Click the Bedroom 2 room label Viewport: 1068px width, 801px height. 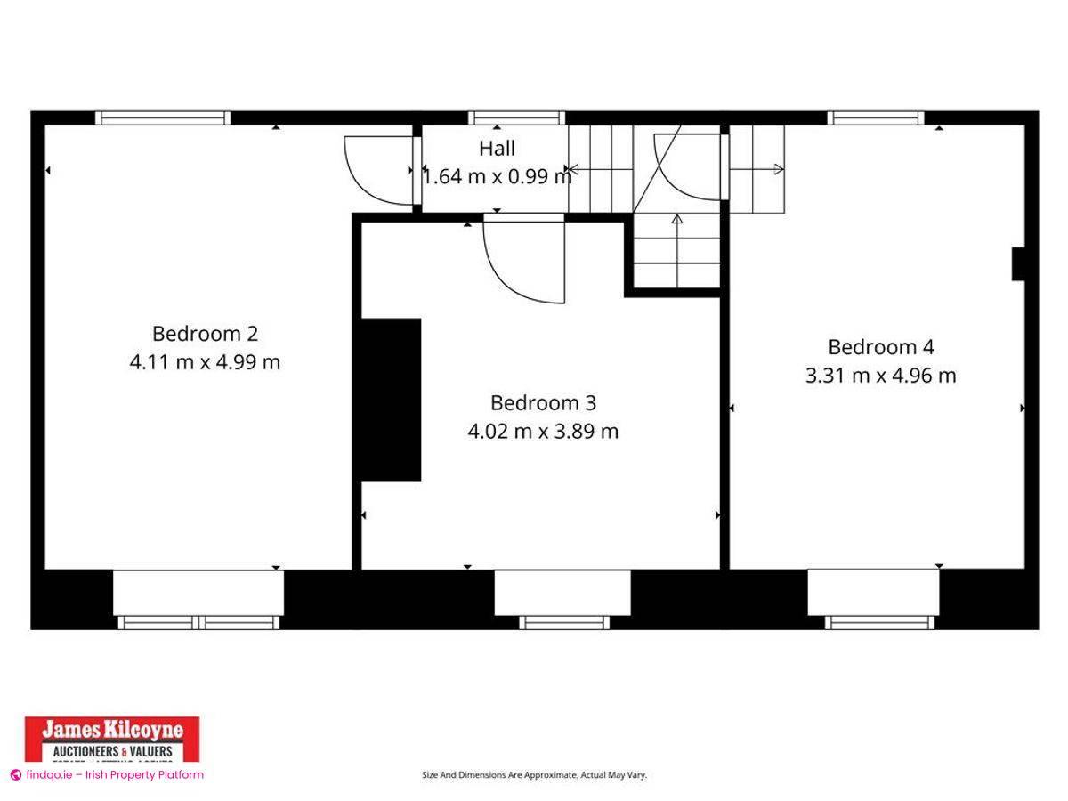tap(205, 334)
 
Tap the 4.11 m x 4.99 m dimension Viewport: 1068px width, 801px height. tap(205, 362)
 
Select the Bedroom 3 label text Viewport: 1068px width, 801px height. tap(543, 403)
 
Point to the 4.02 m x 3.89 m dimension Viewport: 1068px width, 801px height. tap(543, 432)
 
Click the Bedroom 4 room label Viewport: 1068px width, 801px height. tap(881, 347)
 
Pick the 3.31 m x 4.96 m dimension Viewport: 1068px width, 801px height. tap(881, 376)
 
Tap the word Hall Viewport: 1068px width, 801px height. tap(497, 149)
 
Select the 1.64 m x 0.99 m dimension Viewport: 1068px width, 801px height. tap(497, 176)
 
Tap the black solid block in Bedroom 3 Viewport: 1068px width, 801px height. tap(390, 400)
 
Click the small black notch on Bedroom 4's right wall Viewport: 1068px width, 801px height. tap(1018, 264)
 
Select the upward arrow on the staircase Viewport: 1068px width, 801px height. tap(676, 219)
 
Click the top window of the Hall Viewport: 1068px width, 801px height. tap(516, 117)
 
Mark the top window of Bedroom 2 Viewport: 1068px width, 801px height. tap(163, 117)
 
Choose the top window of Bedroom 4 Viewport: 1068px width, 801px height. tap(876, 117)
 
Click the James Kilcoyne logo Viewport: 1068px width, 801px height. tap(112, 739)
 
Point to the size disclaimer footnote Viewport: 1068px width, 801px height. tap(534, 775)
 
